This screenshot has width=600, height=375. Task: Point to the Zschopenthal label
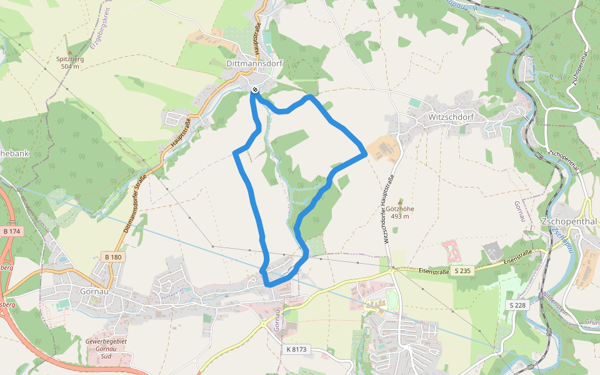click(x=569, y=222)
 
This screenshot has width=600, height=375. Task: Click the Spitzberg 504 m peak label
click(x=70, y=62)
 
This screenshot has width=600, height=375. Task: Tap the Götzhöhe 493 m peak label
click(x=400, y=212)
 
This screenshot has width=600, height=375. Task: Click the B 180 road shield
click(x=113, y=257)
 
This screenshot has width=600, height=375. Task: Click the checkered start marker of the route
click(x=254, y=91)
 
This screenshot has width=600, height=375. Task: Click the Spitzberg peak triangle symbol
click(x=70, y=52)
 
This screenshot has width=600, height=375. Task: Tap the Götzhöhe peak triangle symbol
click(x=400, y=201)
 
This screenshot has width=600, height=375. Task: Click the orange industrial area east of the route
click(x=382, y=149)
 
